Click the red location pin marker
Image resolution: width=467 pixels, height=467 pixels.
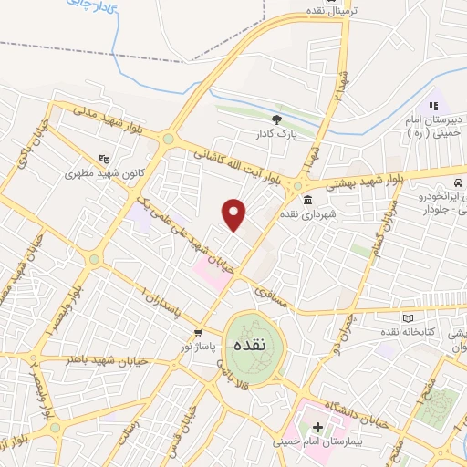[234, 214]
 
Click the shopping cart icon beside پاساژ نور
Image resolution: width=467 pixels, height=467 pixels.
[198, 332]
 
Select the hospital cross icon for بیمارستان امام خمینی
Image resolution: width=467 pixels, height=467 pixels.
[317, 426]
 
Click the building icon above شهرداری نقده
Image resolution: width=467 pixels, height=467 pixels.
[305, 200]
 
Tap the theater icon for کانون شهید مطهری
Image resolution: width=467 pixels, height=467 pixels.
[103, 157]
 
